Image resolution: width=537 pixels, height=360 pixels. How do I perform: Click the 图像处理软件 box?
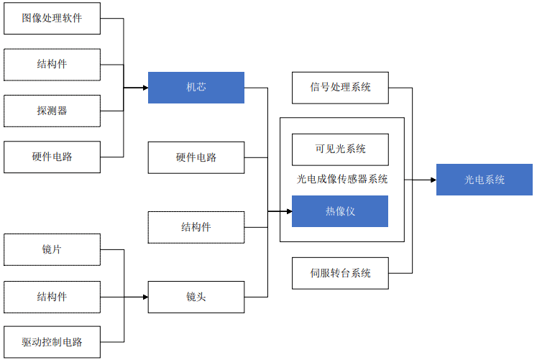52,18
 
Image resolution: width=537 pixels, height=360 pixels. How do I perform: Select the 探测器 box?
52,111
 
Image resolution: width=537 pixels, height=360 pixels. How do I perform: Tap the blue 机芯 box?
196,88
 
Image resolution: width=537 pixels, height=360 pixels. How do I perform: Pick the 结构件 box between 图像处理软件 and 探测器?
52,65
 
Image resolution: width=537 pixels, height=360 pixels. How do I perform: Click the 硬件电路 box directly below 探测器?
52,157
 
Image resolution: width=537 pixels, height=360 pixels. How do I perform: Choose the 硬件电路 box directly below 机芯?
196,157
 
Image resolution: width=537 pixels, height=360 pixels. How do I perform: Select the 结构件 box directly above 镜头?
196,227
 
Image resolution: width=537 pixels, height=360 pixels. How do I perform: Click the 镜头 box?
196,297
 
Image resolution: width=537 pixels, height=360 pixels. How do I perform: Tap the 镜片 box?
52,250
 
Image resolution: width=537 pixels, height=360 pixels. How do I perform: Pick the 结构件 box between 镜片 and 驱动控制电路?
52,296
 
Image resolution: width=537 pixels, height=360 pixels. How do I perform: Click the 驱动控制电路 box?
52,342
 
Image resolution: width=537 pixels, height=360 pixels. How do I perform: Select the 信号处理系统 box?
340,88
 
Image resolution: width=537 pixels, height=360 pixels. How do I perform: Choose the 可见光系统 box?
340,149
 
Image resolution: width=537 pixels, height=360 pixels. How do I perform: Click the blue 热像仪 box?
340,211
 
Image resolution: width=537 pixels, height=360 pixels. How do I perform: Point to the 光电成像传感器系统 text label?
342,180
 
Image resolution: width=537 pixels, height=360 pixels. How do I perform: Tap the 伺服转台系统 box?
340,273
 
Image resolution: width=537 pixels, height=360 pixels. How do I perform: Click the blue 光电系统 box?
484,180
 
